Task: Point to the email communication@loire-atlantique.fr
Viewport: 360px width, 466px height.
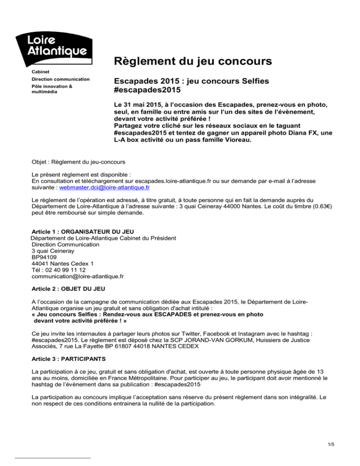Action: [x=78, y=277]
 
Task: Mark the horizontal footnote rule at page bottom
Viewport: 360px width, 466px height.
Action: [x=53, y=458]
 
